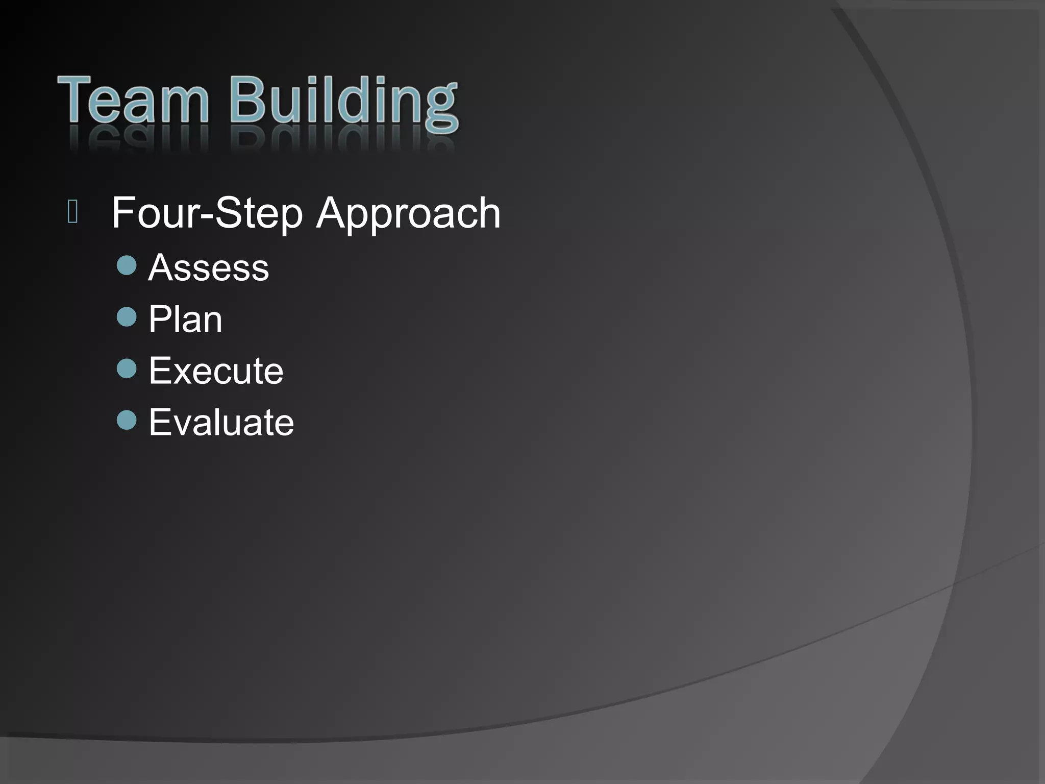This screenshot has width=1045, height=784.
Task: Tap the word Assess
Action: [x=208, y=267]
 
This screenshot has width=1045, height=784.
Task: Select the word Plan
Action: [x=185, y=320]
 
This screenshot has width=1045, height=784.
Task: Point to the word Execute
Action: [x=216, y=371]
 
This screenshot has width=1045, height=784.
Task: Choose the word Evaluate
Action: [x=221, y=423]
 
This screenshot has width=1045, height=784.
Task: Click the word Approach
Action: [x=408, y=213]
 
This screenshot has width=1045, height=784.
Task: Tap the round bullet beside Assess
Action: [x=127, y=265]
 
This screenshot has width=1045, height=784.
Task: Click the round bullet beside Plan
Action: [x=127, y=317]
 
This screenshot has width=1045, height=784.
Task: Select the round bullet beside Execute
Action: [x=127, y=368]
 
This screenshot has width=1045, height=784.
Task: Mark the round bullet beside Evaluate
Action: [x=127, y=420]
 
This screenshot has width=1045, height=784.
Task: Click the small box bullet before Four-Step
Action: [x=72, y=213]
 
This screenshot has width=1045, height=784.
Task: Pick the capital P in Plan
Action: [x=159, y=319]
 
